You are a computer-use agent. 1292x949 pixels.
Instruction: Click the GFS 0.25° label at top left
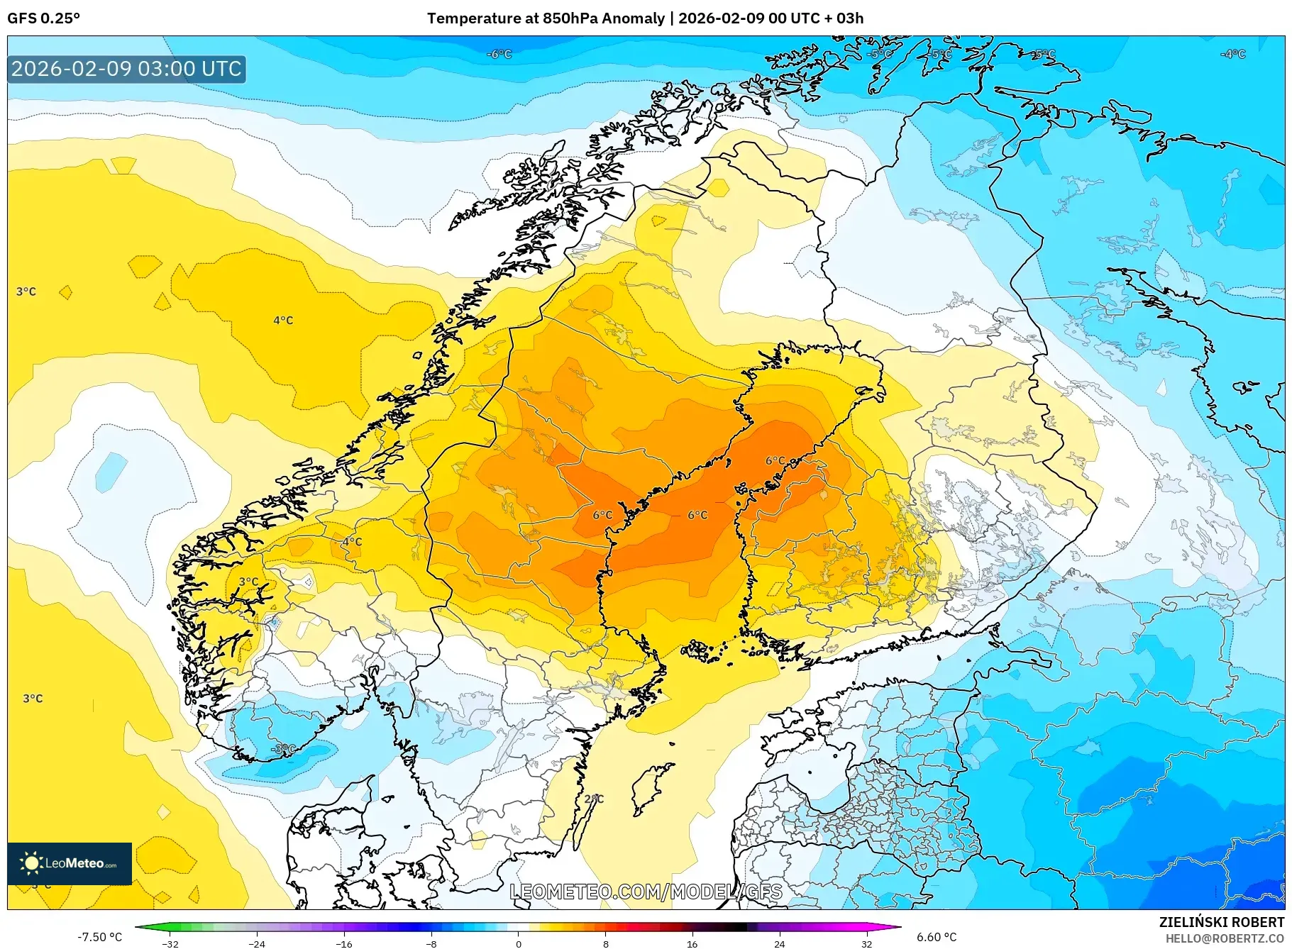[43, 18]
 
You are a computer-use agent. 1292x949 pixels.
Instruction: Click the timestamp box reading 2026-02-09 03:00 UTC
[126, 70]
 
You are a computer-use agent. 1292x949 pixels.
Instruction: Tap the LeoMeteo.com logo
[69, 863]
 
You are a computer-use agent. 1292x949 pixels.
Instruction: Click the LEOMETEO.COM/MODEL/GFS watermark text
[646, 892]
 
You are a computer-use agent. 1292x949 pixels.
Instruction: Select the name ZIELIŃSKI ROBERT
[1221, 922]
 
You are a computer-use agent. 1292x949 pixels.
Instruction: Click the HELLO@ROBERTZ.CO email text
[1225, 938]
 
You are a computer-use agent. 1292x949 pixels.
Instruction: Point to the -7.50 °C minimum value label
[99, 937]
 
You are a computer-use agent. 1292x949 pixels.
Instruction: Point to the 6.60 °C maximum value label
[937, 937]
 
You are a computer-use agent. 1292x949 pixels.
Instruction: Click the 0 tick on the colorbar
[519, 943]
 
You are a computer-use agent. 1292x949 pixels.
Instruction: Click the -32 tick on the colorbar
[170, 943]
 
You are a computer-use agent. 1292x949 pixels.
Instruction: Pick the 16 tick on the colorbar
[692, 943]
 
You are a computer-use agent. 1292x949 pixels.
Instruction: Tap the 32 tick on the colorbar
[866, 943]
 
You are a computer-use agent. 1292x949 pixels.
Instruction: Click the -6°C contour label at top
[499, 54]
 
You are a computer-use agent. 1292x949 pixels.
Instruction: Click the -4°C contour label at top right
[1232, 54]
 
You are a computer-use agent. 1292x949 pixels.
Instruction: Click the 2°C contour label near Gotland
[594, 799]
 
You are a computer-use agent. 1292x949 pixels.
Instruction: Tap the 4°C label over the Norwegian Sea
[283, 321]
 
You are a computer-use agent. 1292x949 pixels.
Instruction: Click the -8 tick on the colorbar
[431, 943]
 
